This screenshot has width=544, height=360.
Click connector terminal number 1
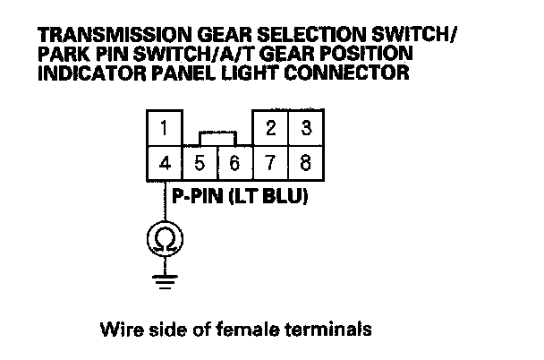164,129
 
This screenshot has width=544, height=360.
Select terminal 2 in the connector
271,129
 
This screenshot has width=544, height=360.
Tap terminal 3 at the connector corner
306,129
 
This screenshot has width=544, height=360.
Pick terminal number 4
164,164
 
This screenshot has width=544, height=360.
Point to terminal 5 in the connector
200,165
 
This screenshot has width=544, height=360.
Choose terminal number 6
235,165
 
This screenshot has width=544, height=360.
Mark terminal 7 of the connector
271,165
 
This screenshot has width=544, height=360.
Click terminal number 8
306,165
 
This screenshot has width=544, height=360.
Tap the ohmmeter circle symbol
164,238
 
